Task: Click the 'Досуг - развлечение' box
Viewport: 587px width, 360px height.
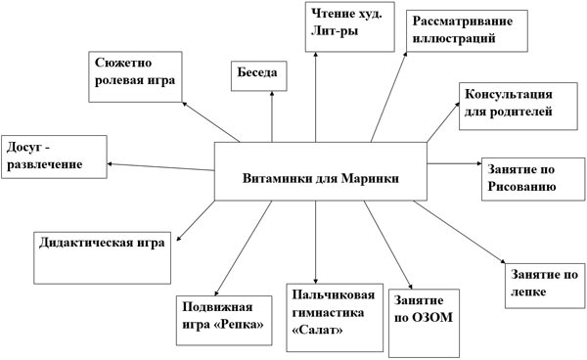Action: (x=54, y=154)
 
